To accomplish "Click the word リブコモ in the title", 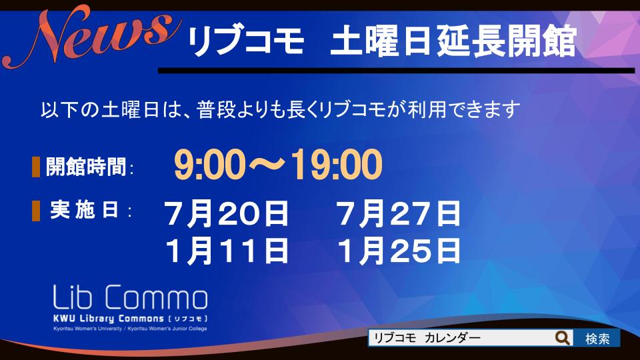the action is (246, 41).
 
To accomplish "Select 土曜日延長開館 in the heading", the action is (453, 41).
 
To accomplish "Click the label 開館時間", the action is (86, 167).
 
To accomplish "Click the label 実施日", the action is (85, 210).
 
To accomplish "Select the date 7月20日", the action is (226, 213).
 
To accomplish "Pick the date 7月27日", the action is (399, 213).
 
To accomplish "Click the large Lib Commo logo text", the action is (130, 297).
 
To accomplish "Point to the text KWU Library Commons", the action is (109, 319).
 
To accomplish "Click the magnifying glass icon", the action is (563, 338).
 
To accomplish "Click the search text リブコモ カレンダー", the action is (427, 338).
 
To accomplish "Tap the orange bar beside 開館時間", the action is (36, 167).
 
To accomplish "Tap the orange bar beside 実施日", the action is (36, 211).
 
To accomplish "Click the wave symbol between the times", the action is (268, 165).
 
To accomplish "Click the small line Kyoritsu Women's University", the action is (87, 329).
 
